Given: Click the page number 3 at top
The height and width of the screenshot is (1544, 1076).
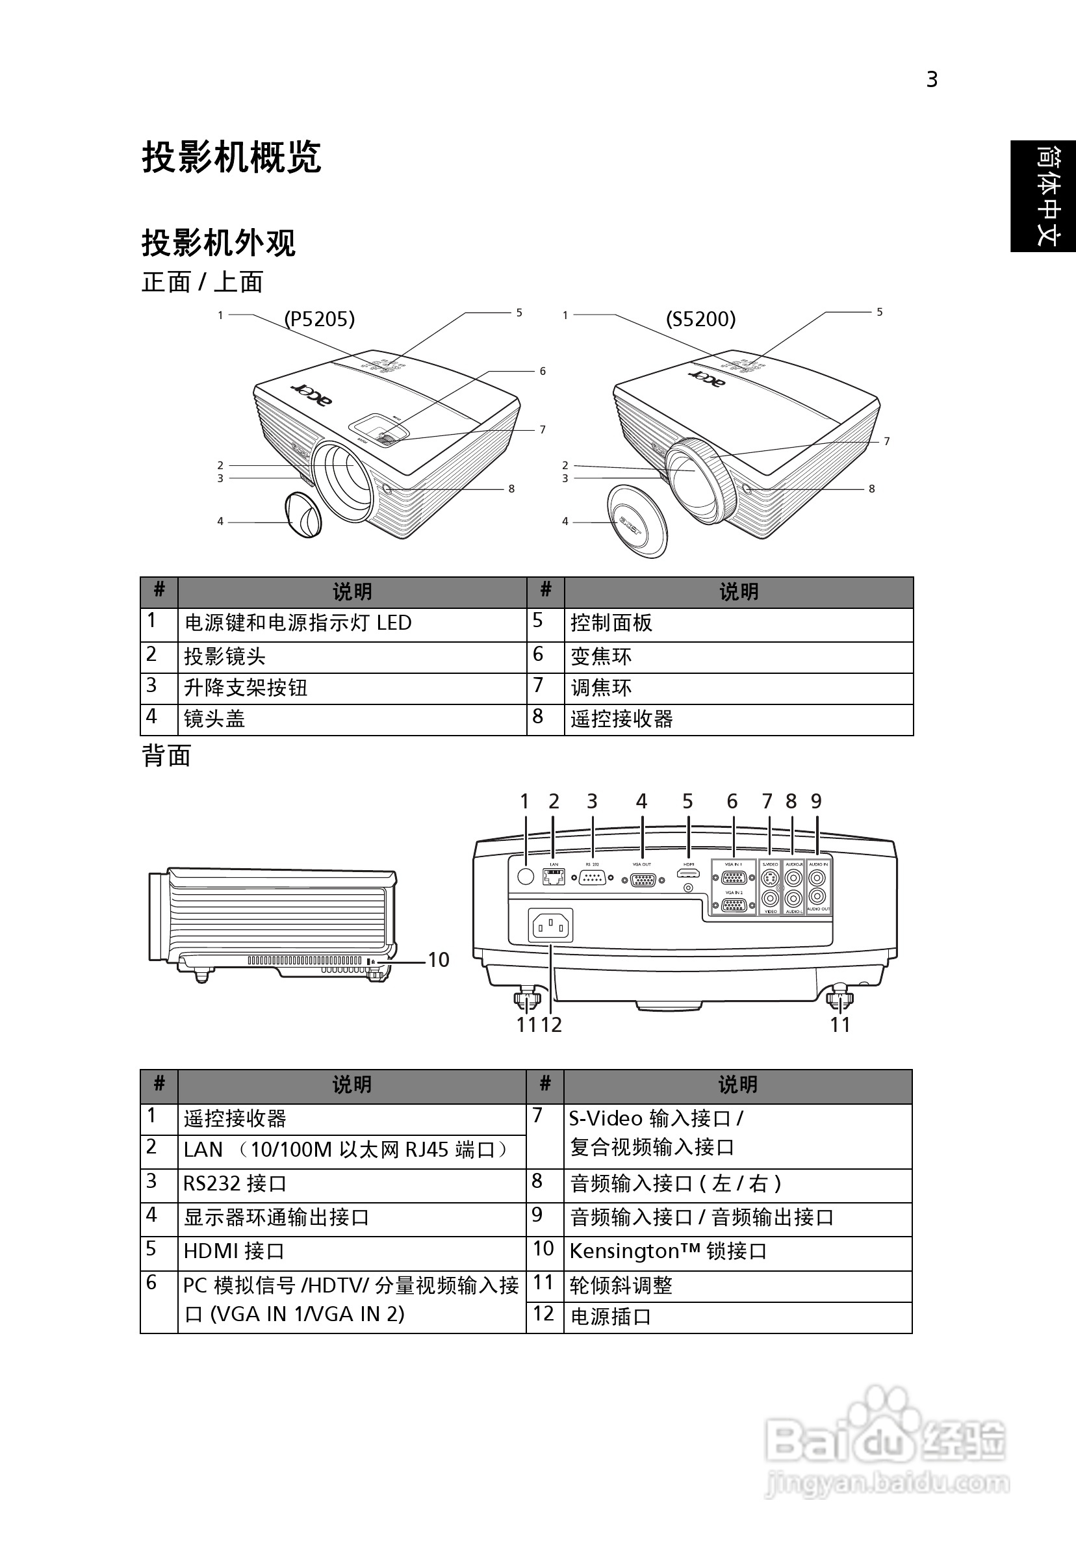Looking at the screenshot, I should click(931, 80).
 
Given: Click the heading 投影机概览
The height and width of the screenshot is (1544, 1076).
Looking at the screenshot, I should click(231, 157).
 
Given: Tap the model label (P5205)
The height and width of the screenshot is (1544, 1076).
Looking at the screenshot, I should click(319, 319).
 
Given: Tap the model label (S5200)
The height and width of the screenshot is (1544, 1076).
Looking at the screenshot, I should click(700, 319).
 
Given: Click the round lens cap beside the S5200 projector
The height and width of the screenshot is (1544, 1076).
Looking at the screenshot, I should click(637, 521).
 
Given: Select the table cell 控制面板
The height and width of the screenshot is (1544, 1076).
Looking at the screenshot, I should click(611, 623).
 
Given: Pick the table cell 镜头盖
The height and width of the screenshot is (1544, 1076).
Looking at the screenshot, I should click(214, 719).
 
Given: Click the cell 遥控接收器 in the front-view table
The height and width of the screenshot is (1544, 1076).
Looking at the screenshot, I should click(621, 719).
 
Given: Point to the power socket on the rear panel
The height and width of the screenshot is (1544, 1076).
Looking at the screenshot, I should click(551, 927).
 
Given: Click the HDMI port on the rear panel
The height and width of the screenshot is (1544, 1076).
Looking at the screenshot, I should click(688, 874).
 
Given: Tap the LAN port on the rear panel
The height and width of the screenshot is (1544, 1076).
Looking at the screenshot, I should click(554, 876).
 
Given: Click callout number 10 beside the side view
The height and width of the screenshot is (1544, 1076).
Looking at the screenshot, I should click(439, 960).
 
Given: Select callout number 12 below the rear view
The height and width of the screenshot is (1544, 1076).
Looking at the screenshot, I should click(552, 1025).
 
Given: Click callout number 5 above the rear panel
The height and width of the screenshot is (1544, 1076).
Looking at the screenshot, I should click(687, 802).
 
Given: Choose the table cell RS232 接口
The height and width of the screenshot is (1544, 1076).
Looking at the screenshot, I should click(235, 1183).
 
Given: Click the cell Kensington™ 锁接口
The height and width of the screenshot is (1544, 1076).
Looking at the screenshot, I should click(668, 1252).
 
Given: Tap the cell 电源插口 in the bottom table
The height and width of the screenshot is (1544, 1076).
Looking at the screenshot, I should click(611, 1317).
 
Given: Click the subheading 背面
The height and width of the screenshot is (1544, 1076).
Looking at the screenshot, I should click(166, 756).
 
